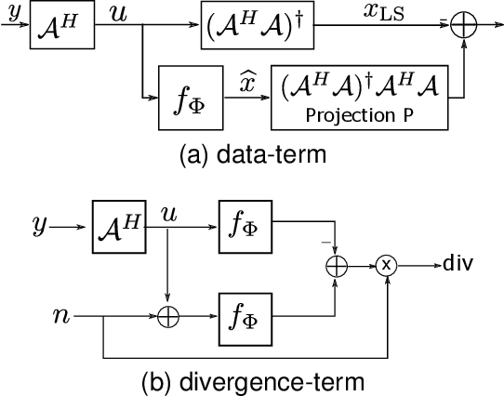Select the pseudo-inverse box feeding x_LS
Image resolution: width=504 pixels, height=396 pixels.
[252, 25]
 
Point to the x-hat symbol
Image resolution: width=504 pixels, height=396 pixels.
[247, 82]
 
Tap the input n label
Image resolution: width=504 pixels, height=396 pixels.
[62, 316]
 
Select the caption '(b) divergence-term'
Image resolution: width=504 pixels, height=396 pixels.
[251, 379]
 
